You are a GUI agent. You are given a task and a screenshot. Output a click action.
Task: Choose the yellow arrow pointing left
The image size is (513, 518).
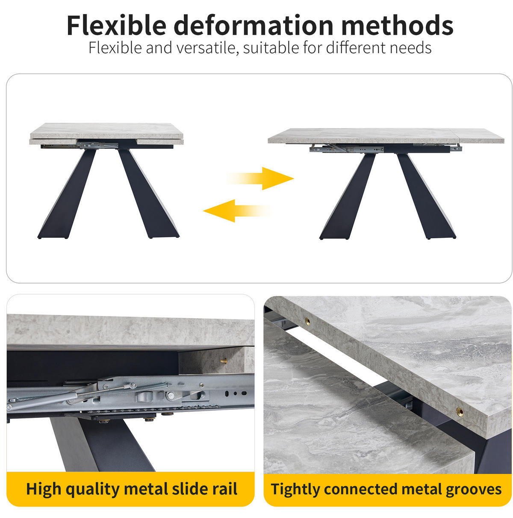click(x=236, y=211)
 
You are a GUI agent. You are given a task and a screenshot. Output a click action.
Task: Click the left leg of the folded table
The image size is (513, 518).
click(x=67, y=193)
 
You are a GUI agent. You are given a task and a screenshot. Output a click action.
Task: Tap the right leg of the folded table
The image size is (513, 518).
click(x=149, y=193)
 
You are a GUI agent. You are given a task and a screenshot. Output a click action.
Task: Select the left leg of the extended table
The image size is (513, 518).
click(x=347, y=196)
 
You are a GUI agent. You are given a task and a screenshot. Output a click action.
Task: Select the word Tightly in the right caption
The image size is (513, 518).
click(x=295, y=489)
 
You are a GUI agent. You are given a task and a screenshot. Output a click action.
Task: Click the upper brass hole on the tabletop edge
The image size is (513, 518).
click(x=307, y=320)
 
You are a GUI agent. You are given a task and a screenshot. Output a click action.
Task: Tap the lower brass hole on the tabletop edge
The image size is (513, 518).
click(x=460, y=411)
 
